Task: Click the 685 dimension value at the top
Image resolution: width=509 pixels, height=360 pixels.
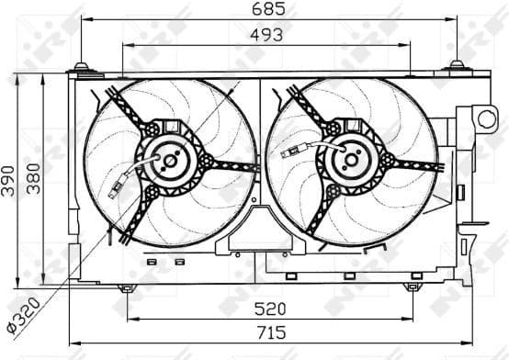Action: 270,9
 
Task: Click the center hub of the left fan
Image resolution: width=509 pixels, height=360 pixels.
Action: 169,161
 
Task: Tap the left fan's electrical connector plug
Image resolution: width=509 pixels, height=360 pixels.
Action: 115,191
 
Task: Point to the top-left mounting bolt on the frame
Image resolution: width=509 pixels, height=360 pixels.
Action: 82,67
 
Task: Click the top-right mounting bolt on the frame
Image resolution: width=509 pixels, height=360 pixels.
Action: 457,66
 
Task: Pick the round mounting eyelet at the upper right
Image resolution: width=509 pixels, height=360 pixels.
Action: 486,117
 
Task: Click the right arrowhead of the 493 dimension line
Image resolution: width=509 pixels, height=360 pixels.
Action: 400,43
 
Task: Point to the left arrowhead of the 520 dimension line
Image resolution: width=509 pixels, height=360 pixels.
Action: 130,319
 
